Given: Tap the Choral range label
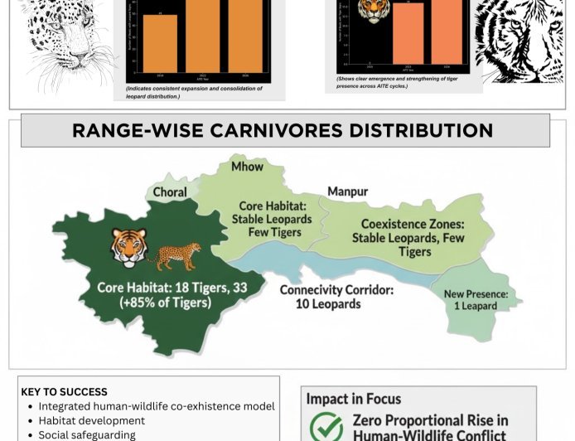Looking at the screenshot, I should click(x=169, y=192).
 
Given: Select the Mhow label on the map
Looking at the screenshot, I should click(x=247, y=166).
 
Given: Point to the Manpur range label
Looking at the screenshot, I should click(x=348, y=191).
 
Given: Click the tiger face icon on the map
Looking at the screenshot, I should click(x=128, y=247).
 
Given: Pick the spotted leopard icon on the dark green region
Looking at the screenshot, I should click(x=174, y=256).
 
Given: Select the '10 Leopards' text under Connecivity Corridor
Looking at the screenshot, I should click(x=328, y=304).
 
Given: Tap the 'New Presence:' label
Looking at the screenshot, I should click(x=481, y=293).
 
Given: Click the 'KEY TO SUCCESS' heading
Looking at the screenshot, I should click(x=64, y=392).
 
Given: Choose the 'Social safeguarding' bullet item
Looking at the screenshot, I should click(x=87, y=434).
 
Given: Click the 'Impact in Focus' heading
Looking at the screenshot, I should click(x=353, y=399).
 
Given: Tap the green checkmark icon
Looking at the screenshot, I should click(x=326, y=428).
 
